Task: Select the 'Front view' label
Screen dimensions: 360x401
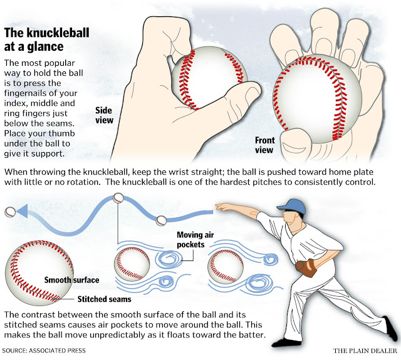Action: [x=264, y=145]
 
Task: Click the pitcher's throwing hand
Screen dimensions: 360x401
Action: [x=219, y=207]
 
